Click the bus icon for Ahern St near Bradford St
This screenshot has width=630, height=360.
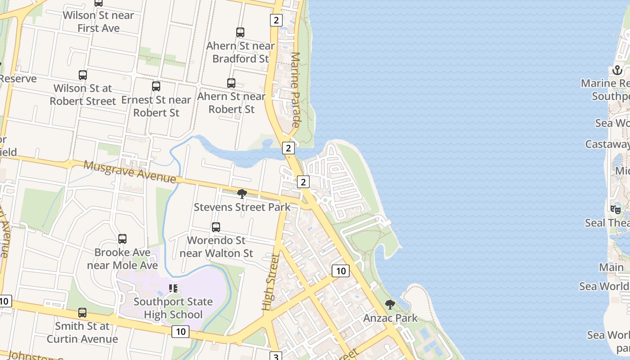[240, 32]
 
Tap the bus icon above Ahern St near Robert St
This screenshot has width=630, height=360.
[231, 83]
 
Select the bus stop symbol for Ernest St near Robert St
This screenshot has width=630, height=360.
[156, 86]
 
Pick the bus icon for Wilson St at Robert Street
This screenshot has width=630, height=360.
[83, 75]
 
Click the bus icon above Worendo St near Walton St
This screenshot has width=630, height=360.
[216, 227]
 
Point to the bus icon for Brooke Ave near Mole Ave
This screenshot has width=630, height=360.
[122, 239]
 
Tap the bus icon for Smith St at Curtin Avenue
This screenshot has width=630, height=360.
[82, 312]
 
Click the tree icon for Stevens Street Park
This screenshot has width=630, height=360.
[242, 194]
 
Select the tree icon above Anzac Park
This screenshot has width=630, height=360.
[390, 305]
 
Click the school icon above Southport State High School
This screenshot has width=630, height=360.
[173, 288]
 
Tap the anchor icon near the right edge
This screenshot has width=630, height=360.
[617, 70]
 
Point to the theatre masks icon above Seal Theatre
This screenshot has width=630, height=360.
[616, 209]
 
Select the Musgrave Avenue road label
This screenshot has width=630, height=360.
[130, 172]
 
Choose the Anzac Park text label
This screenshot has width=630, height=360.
[390, 318]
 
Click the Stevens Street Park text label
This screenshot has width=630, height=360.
[242, 207]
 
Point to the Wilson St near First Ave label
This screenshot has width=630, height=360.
[99, 22]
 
